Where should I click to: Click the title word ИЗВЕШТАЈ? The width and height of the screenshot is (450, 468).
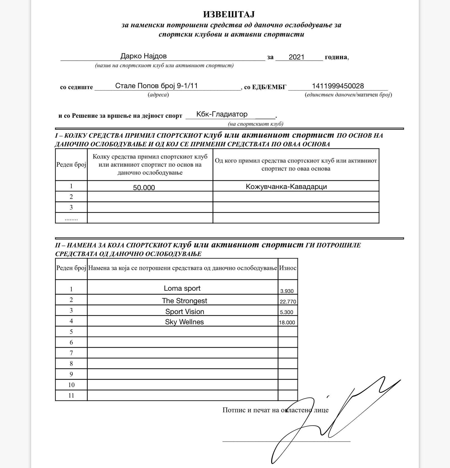pos(229,14)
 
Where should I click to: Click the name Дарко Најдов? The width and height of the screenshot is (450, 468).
pos(143,56)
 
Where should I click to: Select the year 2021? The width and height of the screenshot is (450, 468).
pos(296,57)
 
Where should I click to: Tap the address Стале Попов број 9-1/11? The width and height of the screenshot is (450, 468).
pos(156,86)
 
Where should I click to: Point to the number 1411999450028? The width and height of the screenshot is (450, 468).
pos(338,86)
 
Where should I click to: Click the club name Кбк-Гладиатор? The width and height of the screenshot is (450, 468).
pos(222,114)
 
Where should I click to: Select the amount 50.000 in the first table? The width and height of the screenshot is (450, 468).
pos(144,188)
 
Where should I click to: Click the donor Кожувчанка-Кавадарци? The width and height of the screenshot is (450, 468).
pos(286,186)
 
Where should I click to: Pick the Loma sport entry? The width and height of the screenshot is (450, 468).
pos(182,288)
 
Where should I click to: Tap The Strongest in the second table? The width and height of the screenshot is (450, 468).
pos(184,301)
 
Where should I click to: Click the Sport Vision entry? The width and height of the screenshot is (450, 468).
pos(185,312)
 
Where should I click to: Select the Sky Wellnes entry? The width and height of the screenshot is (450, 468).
pos(184,322)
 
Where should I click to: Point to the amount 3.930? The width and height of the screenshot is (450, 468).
pos(287,291)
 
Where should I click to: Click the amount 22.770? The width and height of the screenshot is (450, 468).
pos(288,302)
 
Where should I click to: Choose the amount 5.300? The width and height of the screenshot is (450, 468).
pos(286,312)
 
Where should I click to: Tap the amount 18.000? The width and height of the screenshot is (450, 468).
pos(287,322)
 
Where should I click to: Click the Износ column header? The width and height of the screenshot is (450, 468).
pos(287,268)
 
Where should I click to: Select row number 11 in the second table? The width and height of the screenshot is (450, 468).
pos(71,395)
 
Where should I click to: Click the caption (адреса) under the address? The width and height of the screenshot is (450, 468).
pos(158,95)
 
